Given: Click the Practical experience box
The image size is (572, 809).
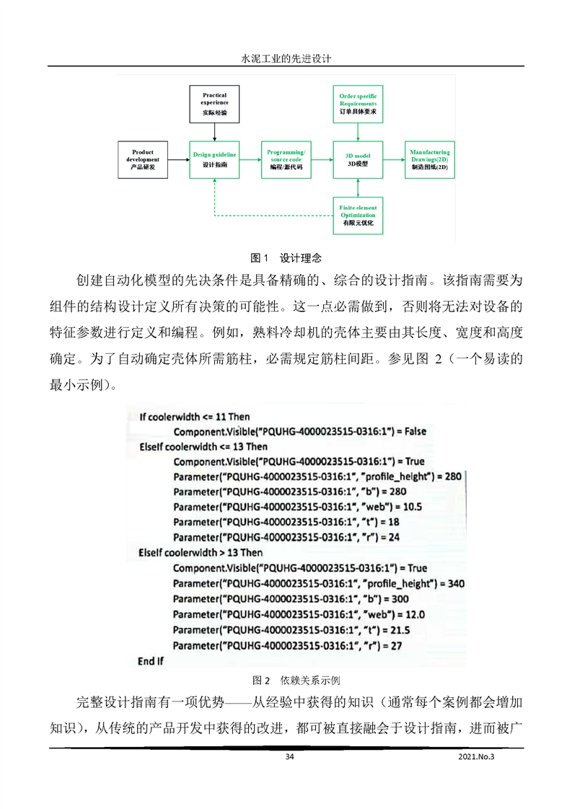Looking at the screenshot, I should point(214,104).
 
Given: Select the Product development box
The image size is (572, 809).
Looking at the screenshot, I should point(143,159).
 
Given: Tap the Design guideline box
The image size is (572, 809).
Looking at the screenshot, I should point(214,159).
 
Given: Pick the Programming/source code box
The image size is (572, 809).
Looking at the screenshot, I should point(286,159).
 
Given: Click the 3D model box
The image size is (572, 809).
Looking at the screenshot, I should point(358,159).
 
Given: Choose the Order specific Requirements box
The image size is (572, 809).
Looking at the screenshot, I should point(358,104).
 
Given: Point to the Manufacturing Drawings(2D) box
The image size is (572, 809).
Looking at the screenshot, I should point(429,159).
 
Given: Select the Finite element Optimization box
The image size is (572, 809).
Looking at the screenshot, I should point(358,216).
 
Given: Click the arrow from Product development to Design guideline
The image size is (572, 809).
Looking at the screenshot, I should point(178,159).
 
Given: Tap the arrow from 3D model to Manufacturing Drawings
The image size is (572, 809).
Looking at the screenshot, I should point(393,159).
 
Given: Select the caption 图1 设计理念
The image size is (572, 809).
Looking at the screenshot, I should point(285,257).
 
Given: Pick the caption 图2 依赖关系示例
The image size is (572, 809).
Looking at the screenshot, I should point(286,680).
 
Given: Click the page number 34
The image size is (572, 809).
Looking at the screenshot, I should point(290,756).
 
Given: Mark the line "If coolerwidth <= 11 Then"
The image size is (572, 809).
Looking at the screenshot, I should point(195,416).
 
